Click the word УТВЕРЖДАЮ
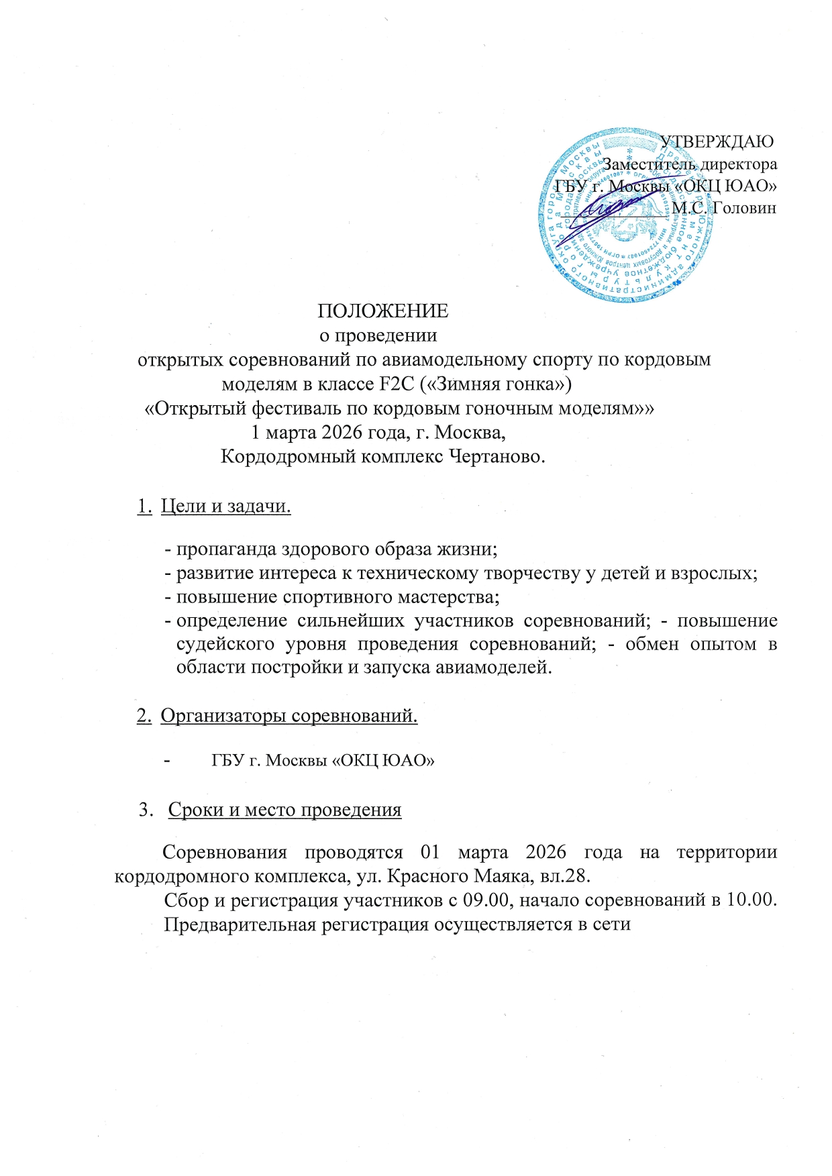point(717,142)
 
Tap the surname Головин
point(743,208)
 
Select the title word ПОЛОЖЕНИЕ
point(382,311)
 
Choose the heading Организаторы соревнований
point(289,716)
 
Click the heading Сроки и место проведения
point(284,810)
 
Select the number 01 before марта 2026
point(429,853)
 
